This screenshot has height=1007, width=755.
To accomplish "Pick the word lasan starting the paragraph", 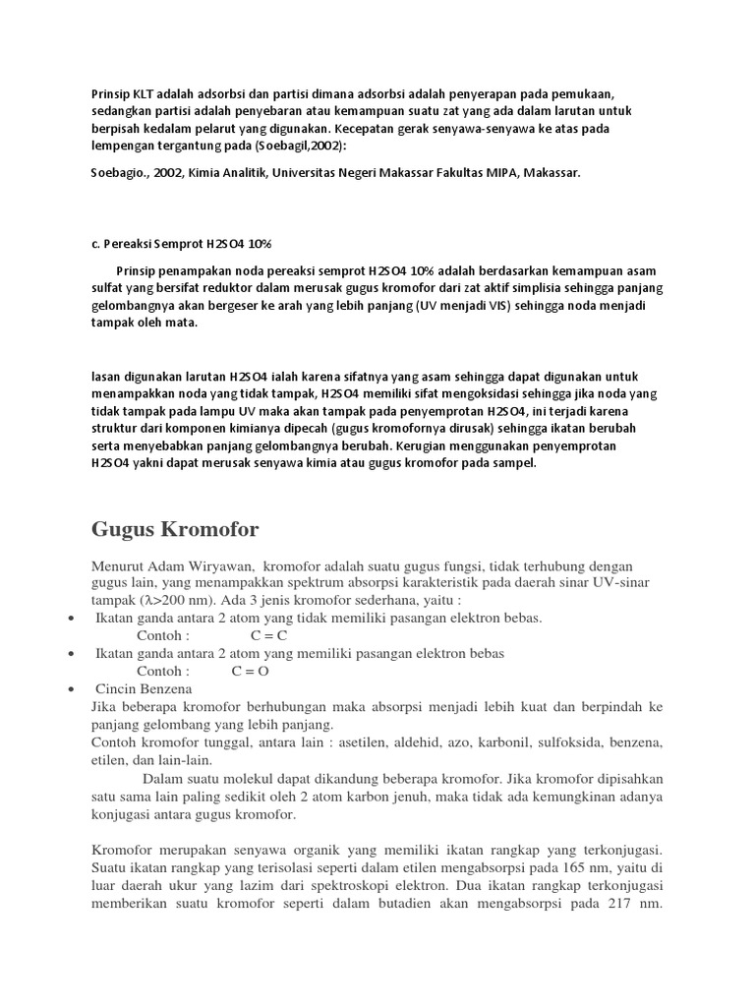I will [x=107, y=377].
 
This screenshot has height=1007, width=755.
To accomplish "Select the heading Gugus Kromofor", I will [x=175, y=530].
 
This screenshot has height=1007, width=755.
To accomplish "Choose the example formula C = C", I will [x=261, y=635].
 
